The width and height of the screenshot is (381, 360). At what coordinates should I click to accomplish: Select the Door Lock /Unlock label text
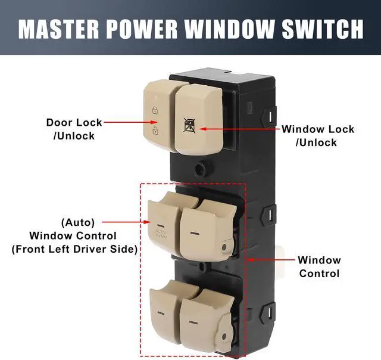coord(74,129)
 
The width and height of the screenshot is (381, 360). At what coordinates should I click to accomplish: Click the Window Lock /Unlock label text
coord(317,135)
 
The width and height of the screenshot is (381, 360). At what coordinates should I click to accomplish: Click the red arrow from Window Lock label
coord(238,128)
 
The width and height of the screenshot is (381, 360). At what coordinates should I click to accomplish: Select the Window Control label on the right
coord(319,266)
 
